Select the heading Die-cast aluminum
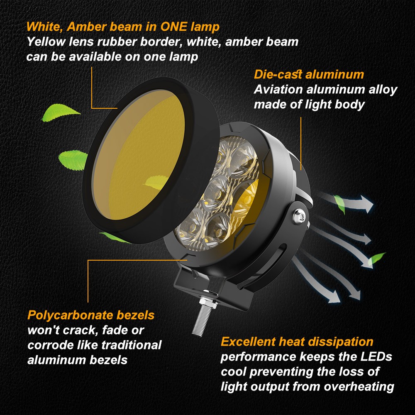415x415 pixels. point(309,75)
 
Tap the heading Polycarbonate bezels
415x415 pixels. point(91,315)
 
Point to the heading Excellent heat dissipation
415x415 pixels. point(297,342)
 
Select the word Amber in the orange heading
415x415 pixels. point(90,27)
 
